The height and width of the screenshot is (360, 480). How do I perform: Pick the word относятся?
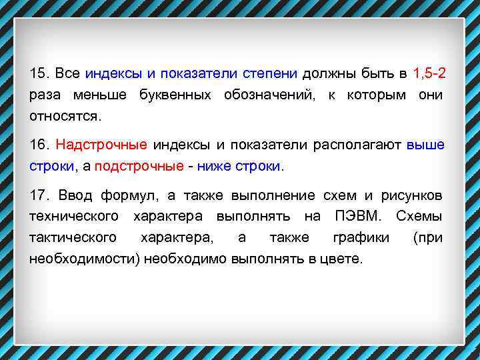(65, 116)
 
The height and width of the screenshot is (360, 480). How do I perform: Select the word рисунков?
(411, 195)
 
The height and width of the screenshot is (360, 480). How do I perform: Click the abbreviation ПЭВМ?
(354, 217)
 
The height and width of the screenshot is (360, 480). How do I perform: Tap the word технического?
(74, 217)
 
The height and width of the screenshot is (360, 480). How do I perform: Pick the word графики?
(357, 238)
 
